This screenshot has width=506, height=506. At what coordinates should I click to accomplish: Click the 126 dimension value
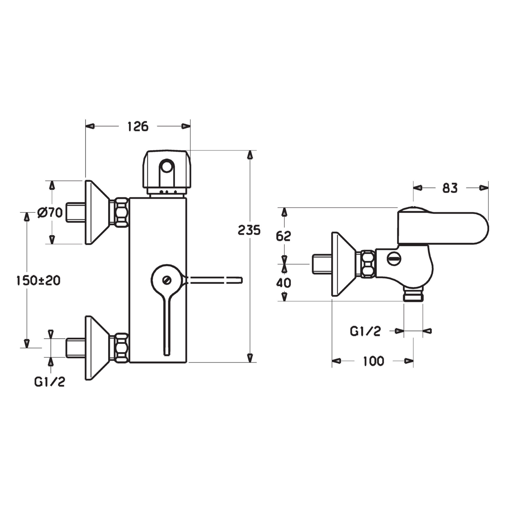138,126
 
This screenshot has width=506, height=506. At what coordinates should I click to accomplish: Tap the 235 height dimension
249,230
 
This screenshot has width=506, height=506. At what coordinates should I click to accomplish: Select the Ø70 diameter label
50,212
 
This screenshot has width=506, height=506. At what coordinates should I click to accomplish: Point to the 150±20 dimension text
38,280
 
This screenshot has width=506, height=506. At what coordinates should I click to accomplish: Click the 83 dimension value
450,188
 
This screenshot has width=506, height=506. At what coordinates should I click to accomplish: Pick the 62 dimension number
284,236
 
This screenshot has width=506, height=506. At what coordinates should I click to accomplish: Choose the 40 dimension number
284,283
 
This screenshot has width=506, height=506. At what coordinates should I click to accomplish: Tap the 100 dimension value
373,361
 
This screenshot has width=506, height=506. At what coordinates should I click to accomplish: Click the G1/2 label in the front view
50,381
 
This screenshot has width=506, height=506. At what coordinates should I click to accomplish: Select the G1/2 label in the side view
365,331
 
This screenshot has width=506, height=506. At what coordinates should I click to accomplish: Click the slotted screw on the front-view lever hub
167,280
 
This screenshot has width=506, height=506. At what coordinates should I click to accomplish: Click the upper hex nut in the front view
121,212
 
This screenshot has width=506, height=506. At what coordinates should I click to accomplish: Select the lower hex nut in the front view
121,348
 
